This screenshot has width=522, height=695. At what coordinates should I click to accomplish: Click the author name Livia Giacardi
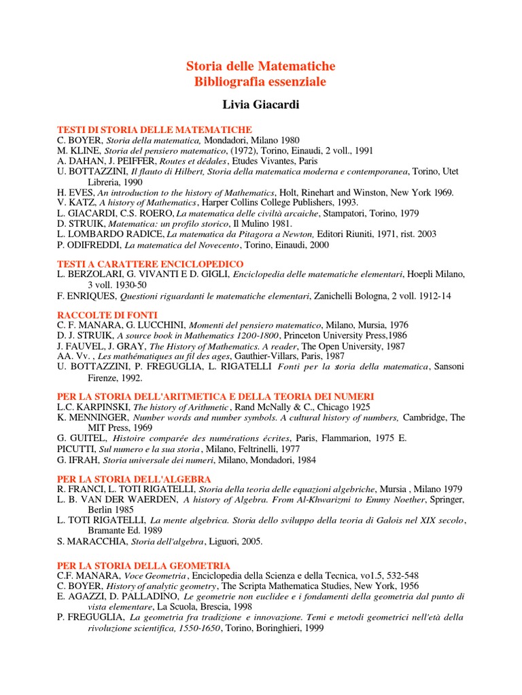pyautogui.click(x=261, y=105)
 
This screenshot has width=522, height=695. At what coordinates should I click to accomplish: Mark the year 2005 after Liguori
pyautogui.click(x=249, y=542)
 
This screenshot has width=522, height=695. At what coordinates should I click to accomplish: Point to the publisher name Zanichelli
pyautogui.click(x=338, y=296)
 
